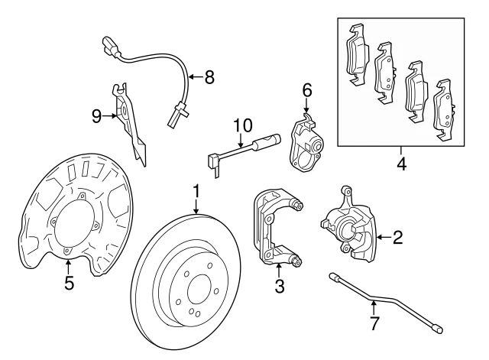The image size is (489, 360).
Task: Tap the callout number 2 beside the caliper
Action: [x=397, y=237]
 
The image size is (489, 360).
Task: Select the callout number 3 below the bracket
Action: [x=280, y=287]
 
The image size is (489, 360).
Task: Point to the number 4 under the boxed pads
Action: [x=401, y=163]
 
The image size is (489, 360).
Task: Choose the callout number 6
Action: [x=307, y=90]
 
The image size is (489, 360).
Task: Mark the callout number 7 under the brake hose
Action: [x=374, y=323]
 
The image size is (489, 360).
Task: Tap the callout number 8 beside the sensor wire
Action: [x=209, y=76]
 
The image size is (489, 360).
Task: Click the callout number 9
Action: [x=96, y=115]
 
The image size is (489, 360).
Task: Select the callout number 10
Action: [x=241, y=125]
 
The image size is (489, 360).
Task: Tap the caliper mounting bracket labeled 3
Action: [x=275, y=229]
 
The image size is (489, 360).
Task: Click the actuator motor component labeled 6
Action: [x=306, y=141]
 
